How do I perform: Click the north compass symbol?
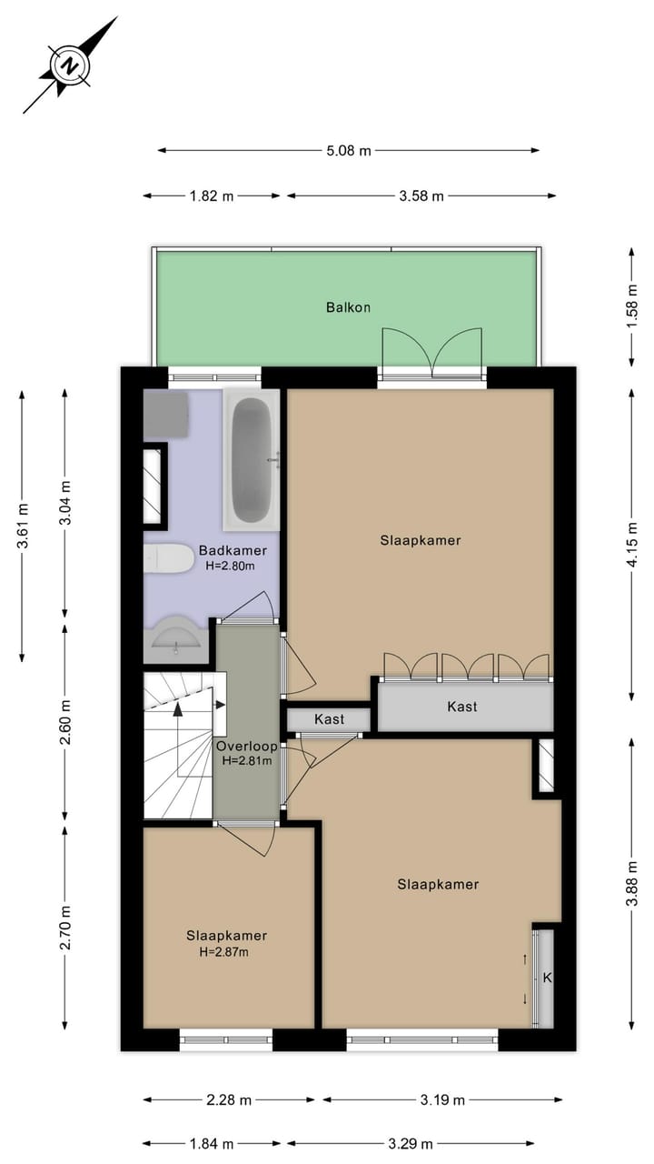pos(70,65)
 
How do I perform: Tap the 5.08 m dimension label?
pos(349,151)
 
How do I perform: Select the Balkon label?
pos(348,307)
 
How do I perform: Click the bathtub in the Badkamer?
pos(253,461)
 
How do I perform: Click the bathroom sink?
pos(176,639)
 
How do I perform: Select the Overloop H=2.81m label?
pos(245,753)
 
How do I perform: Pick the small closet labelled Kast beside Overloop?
pos(329,719)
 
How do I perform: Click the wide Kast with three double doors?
pos(463,707)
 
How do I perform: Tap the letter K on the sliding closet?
pos(547,978)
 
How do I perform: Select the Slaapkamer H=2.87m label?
pos(226,943)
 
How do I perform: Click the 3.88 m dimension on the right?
pos(633,883)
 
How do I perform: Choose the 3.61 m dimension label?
pos(23,526)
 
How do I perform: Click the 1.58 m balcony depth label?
pos(633,306)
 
